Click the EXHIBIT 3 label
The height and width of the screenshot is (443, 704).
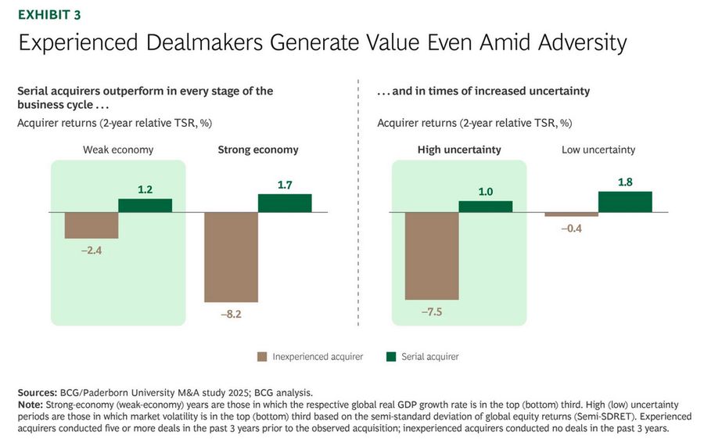tap(48, 14)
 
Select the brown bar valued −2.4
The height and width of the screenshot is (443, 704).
tap(91, 225)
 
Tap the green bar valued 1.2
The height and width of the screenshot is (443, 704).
tap(145, 205)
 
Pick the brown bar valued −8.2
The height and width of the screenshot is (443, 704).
tap(231, 257)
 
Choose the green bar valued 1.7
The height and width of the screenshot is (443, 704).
tap(285, 203)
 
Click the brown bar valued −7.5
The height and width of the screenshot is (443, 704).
tap(431, 256)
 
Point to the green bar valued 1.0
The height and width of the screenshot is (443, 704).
tap(485, 207)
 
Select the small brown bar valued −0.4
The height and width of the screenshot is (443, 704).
tap(571, 214)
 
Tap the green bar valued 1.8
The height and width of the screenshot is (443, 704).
tap(625, 201)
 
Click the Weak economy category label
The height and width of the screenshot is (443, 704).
tap(118, 149)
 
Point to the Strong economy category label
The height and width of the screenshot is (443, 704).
tap(257, 149)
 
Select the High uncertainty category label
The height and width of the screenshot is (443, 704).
tap(459, 149)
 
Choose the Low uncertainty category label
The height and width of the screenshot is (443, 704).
tap(598, 149)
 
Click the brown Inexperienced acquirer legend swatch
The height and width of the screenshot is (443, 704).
tap(262, 357)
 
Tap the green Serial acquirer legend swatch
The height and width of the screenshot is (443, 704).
tap(391, 357)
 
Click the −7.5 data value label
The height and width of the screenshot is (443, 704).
tap(432, 311)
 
